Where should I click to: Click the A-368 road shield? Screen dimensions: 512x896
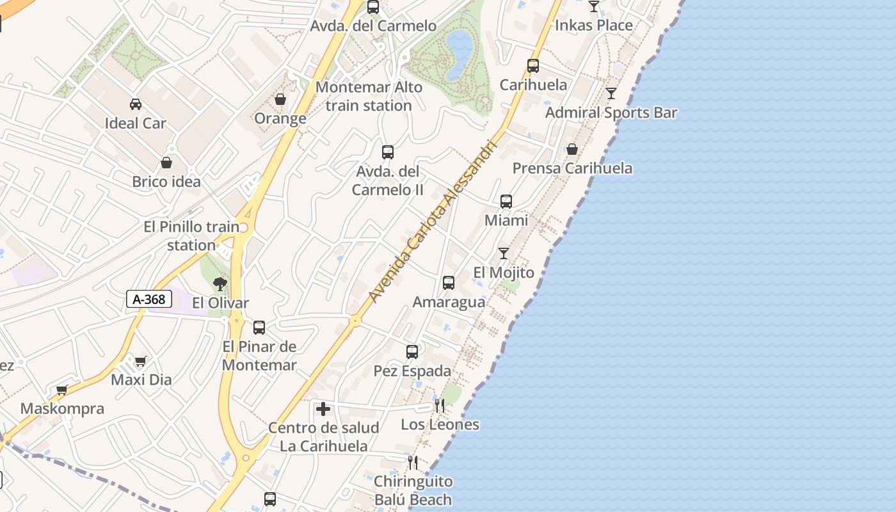point(149,299)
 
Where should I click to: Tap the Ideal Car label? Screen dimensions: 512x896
point(136,124)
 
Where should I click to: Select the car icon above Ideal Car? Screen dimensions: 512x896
point(136,104)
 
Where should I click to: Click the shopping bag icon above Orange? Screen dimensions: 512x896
point(280,99)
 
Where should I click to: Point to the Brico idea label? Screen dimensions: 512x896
point(166,182)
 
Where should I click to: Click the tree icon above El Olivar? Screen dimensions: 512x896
point(220,284)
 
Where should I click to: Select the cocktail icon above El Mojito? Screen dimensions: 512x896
point(504,253)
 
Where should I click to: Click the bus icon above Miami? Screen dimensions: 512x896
point(506,202)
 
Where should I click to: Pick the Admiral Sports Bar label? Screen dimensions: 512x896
point(611,113)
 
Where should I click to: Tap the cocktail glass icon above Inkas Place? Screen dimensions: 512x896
point(594,6)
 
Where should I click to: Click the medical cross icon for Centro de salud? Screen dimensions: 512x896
point(323,408)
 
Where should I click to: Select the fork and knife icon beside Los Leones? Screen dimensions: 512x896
point(440,405)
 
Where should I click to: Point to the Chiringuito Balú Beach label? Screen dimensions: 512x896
point(413,490)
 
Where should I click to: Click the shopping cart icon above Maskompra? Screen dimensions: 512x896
point(62,390)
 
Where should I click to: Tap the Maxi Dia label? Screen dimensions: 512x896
point(141,380)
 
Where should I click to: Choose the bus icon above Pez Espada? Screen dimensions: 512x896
point(412,352)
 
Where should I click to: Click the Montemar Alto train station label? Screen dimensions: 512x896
point(369,97)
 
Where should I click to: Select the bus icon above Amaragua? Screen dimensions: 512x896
point(449,283)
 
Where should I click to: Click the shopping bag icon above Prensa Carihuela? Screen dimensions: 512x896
point(572,149)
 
